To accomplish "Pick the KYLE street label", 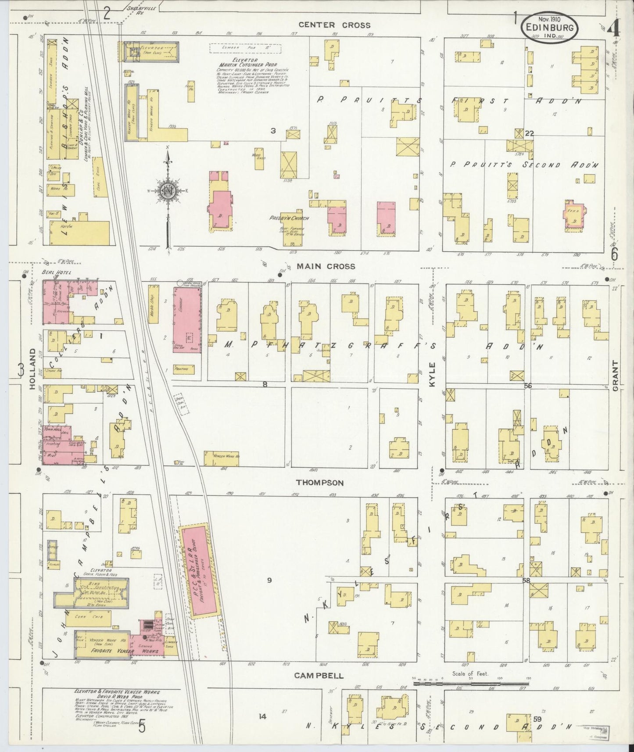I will tap(432, 374).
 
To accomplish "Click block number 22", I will tap(530, 134).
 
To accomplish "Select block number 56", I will tap(527, 386).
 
